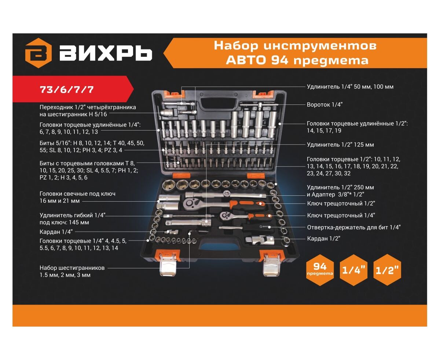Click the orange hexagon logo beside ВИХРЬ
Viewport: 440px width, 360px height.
pos(38,53)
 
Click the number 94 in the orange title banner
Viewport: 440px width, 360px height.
pos(279,60)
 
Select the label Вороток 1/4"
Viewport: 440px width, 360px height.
pos(324,104)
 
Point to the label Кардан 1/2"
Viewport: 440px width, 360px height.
pos(324,238)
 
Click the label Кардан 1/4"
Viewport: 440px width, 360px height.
pos(56,232)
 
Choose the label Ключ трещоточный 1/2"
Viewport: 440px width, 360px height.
pos(341,203)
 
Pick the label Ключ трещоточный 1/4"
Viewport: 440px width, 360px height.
pos(341,215)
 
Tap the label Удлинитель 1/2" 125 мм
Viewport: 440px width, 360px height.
pos(340,144)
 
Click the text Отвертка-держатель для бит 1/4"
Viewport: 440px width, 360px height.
pos(353,227)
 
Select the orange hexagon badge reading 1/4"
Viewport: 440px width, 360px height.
pos(353,270)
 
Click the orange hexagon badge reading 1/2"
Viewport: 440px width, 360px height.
pos(387,270)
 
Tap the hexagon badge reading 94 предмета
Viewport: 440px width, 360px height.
pos(320,270)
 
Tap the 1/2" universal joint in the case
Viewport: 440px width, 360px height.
pos(259,240)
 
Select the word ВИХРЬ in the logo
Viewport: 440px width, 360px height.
pos(106,53)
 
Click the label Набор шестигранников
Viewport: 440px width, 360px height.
pos(72,268)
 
